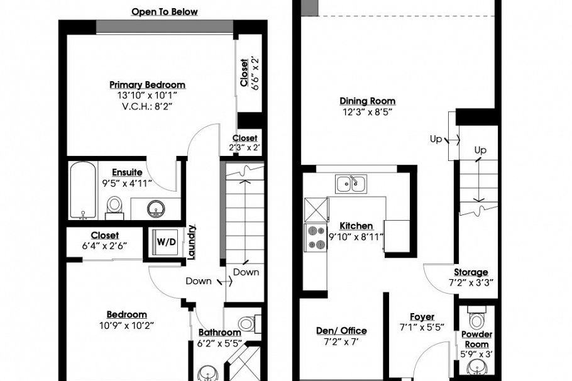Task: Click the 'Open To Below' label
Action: click(x=165, y=12)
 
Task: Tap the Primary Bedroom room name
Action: click(x=147, y=85)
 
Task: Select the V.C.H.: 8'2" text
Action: click(x=147, y=106)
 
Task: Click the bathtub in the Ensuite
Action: click(x=83, y=189)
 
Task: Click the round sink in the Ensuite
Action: click(x=155, y=208)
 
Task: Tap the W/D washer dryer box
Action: click(x=166, y=241)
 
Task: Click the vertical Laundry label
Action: click(x=192, y=241)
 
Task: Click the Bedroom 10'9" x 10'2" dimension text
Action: click(x=126, y=325)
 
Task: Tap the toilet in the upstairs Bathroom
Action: click(x=247, y=324)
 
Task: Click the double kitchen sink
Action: click(x=351, y=184)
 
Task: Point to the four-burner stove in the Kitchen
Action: click(x=312, y=237)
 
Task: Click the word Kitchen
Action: click(x=356, y=226)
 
